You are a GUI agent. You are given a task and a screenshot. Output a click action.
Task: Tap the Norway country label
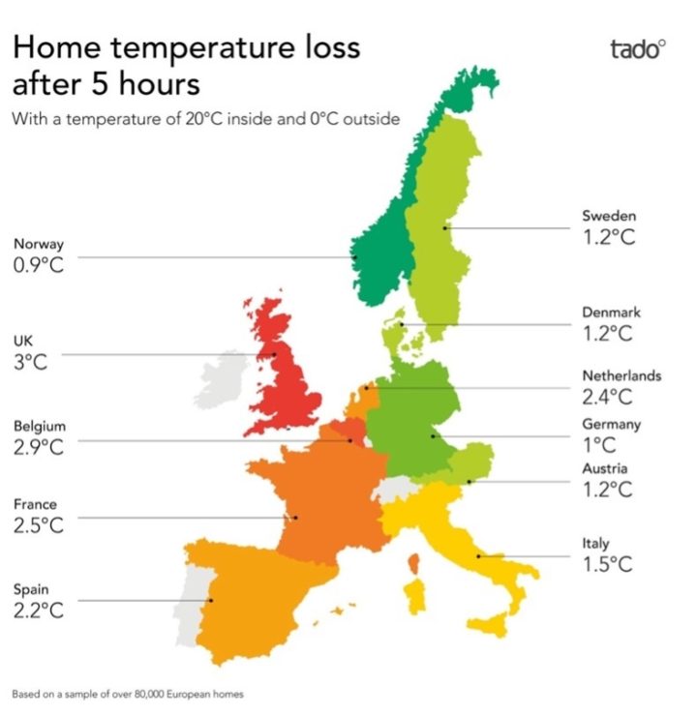pos(39,244)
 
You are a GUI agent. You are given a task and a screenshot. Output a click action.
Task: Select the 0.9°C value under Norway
pos(39,265)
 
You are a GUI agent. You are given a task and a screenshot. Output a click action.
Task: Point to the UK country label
pos(22,341)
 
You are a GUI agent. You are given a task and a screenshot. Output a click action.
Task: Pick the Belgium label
pos(40,426)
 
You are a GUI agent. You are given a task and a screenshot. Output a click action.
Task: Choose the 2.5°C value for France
pos(39,525)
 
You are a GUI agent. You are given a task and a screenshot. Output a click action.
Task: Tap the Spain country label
pos(31,588)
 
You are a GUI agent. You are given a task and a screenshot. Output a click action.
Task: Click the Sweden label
pos(609,215)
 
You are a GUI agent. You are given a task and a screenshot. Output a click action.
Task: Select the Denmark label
pos(611,313)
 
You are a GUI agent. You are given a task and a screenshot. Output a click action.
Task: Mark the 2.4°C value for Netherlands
pos(607,396)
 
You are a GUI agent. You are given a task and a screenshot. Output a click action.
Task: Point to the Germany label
pos(611,424)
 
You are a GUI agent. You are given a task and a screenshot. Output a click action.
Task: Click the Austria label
pos(604,468)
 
